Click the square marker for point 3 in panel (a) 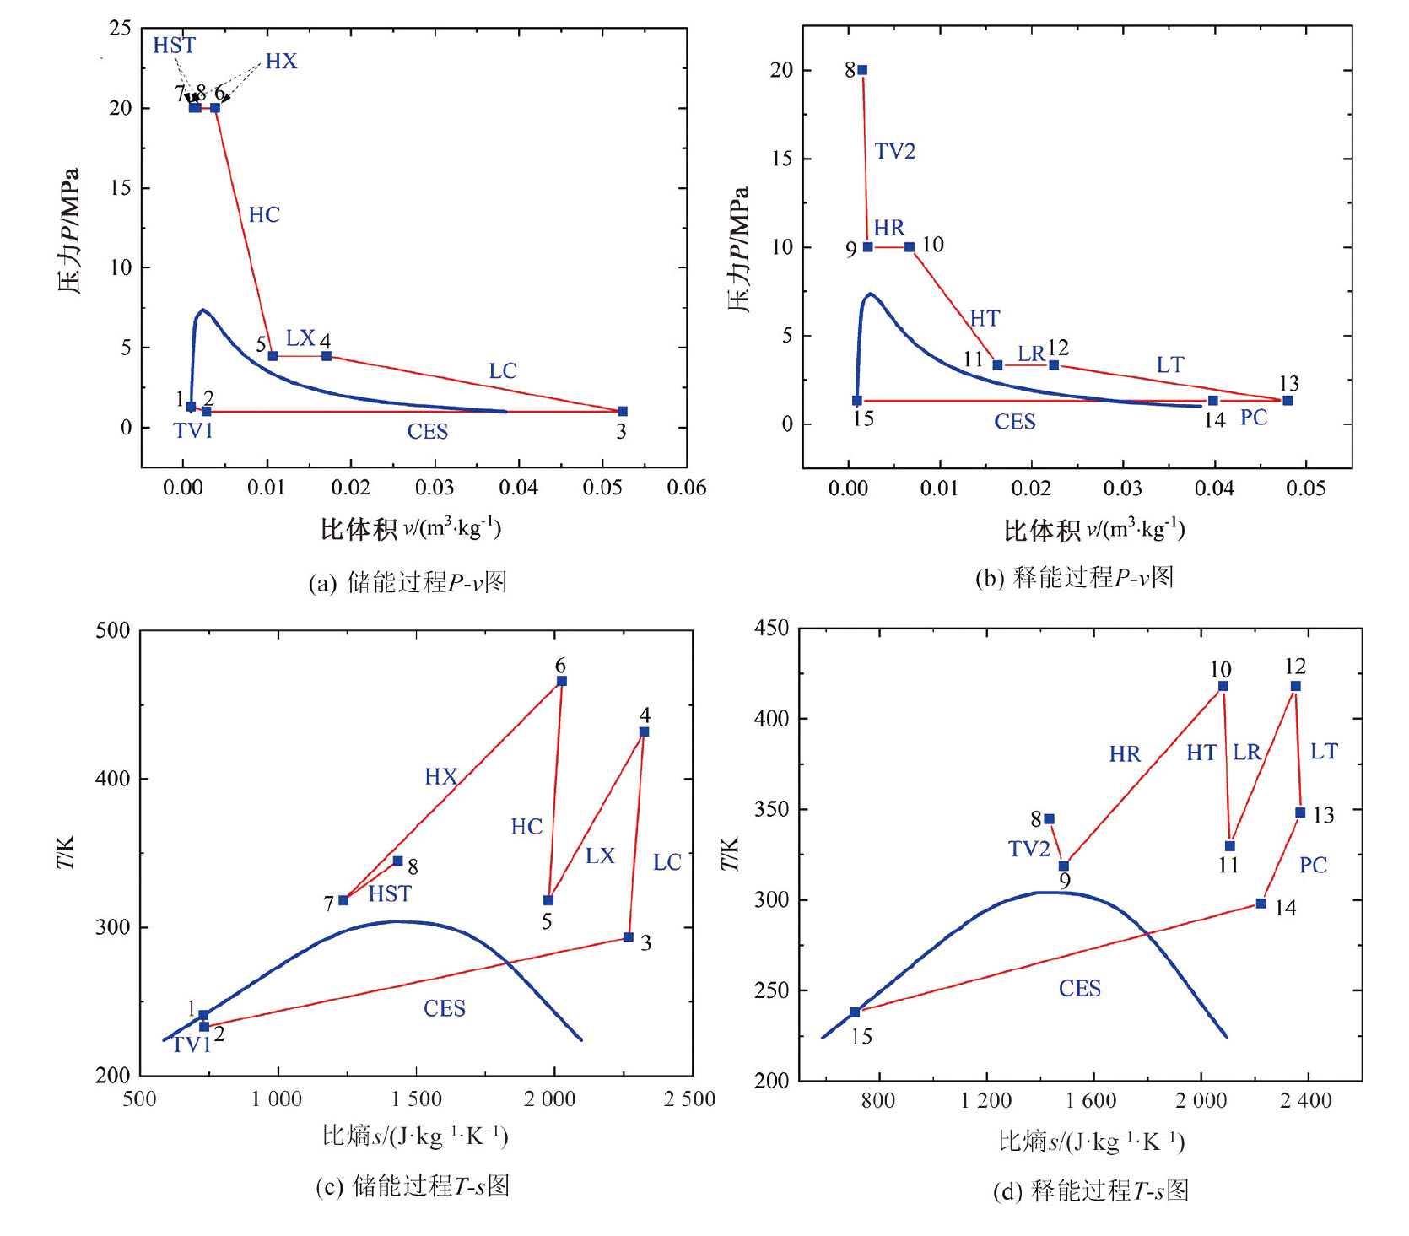tap(623, 411)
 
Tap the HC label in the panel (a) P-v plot tap(264, 215)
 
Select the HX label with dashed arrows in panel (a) tap(281, 62)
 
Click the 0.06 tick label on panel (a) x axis tap(686, 488)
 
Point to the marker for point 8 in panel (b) tap(862, 70)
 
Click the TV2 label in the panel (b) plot tap(894, 152)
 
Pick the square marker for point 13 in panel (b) tap(1288, 401)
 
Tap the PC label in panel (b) tap(1254, 418)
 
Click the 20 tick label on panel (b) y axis tap(781, 70)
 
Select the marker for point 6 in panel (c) tap(562, 681)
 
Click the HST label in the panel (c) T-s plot tap(390, 894)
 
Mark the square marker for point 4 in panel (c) tap(645, 731)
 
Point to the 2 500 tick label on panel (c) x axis tap(689, 1099)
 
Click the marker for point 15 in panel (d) tap(855, 1012)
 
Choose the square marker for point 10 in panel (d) tap(1223, 686)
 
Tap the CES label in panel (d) tap(1080, 989)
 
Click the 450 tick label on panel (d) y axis tap(771, 629)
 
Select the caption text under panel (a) tap(408, 583)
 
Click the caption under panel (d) tap(1091, 1191)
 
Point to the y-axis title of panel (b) tap(739, 249)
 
